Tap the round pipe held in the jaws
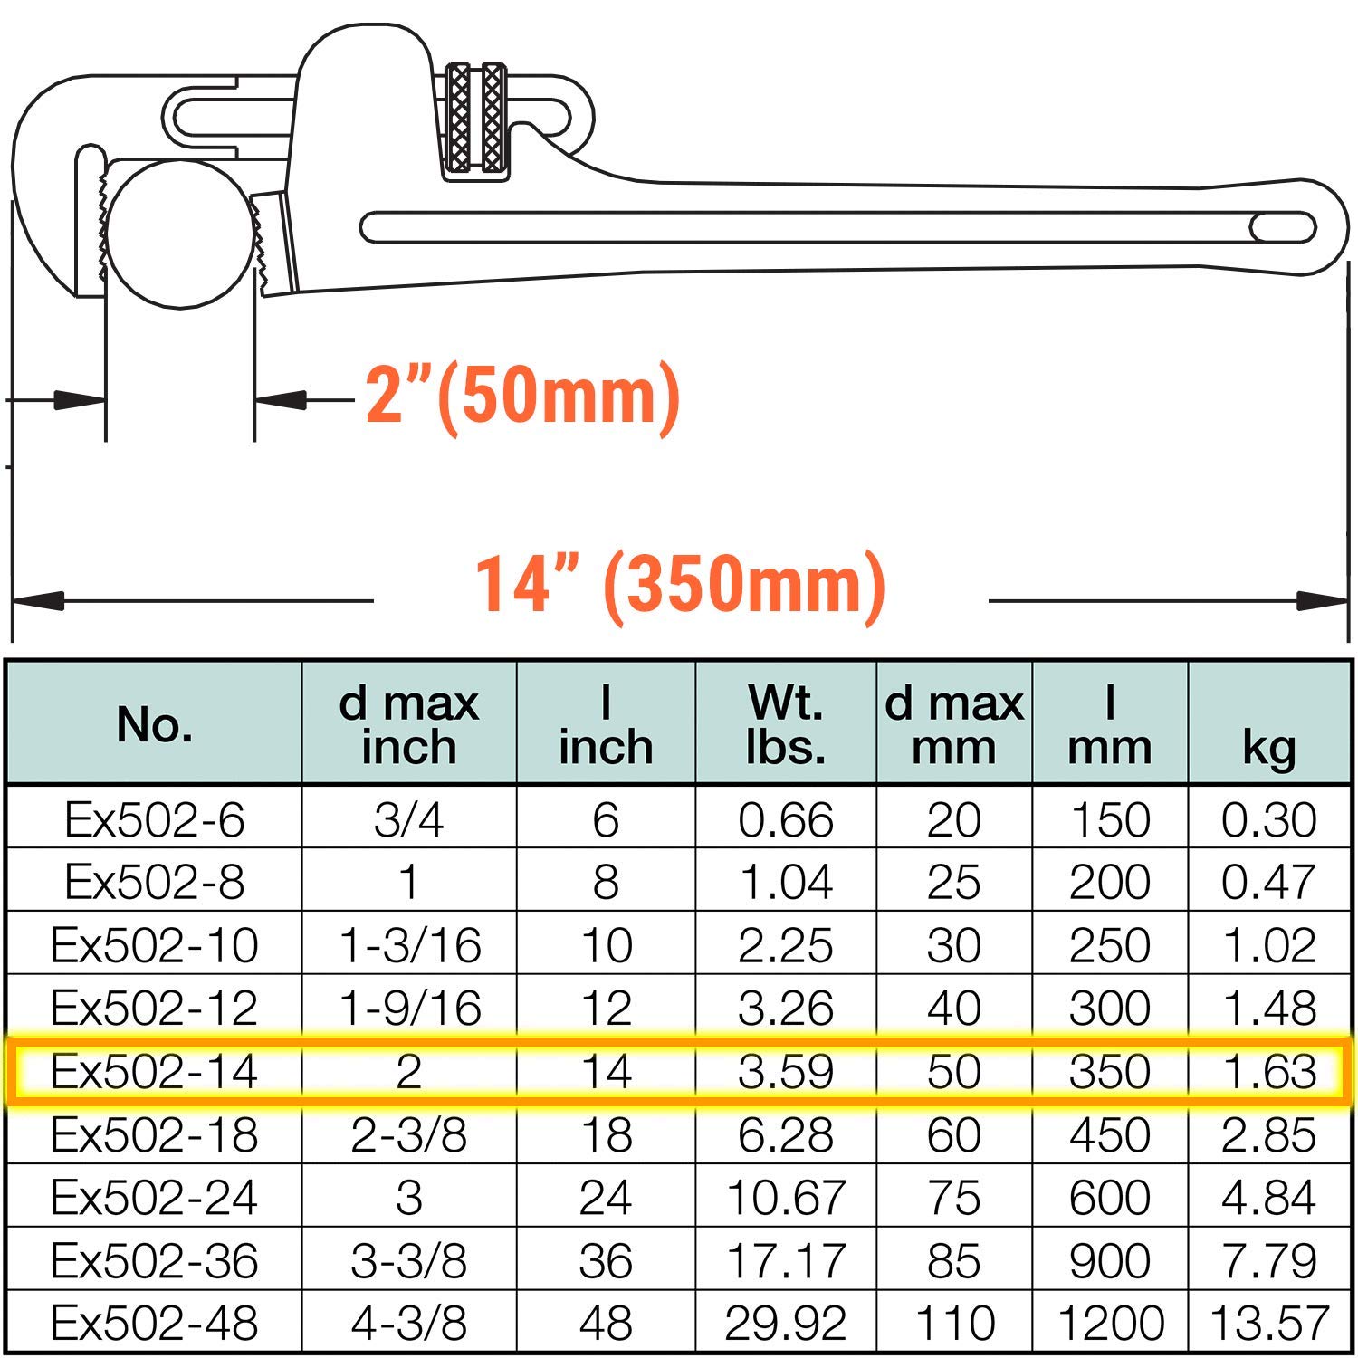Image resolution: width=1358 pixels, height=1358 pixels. [179, 234]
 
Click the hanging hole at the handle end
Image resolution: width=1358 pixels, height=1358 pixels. [1283, 227]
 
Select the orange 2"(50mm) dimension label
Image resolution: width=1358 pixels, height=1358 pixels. [522, 396]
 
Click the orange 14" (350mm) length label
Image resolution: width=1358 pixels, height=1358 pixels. [680, 584]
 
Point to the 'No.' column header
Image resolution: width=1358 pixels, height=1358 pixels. [155, 724]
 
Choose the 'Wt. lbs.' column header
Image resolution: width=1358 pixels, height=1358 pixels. [786, 724]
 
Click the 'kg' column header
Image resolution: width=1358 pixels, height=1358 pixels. [1268, 747]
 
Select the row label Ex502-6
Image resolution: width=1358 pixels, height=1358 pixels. [155, 819]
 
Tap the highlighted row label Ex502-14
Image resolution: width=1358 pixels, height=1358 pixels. [155, 1071]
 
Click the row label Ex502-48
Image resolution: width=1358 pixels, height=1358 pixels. [155, 1323]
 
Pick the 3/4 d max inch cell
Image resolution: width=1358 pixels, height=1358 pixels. [408, 819]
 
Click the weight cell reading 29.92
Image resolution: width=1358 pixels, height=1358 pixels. [786, 1323]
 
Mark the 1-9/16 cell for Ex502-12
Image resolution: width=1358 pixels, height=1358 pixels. [408, 1008]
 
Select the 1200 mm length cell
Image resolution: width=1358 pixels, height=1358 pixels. [1110, 1323]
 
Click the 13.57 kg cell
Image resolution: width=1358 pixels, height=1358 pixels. [1268, 1323]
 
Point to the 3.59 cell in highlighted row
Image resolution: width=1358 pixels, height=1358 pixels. [786, 1071]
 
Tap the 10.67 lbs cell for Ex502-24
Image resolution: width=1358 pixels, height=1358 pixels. [786, 1197]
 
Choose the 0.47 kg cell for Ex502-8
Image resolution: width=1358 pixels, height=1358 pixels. [1268, 882]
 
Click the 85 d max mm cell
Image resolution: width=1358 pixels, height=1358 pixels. [954, 1260]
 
